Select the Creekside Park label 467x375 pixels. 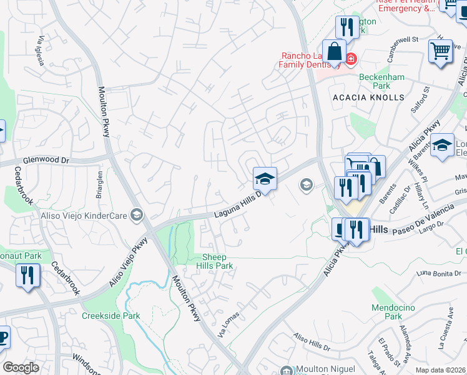click(x=111, y=316)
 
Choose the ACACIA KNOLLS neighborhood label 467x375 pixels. click(x=368, y=97)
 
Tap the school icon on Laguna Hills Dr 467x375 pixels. click(x=265, y=179)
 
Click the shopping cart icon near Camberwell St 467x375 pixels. click(x=440, y=51)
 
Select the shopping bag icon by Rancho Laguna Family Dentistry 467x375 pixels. click(x=334, y=52)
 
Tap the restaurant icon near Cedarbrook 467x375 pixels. click(x=27, y=275)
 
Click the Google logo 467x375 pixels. click(x=21, y=367)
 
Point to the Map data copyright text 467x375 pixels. click(x=441, y=370)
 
